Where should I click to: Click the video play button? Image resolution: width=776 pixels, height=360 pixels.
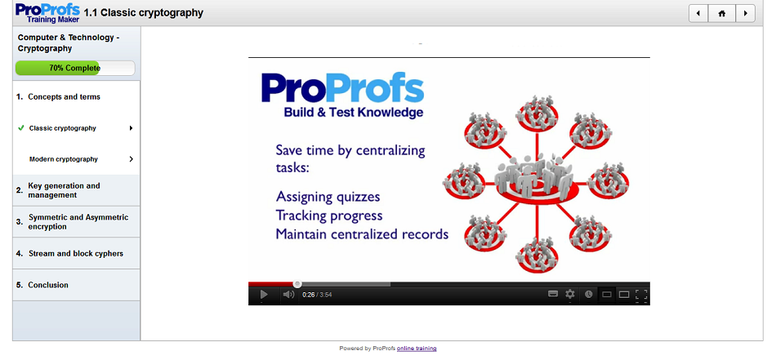click(x=264, y=295)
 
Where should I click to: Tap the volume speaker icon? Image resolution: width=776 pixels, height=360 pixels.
click(x=288, y=295)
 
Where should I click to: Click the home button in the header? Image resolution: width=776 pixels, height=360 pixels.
click(x=721, y=13)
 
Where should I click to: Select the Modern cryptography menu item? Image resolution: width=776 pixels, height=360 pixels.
click(x=64, y=159)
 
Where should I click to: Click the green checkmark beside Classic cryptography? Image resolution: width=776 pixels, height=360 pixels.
click(x=20, y=128)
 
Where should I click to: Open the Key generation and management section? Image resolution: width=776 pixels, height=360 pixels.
click(x=64, y=190)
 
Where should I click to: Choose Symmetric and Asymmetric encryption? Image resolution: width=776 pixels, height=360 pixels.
click(x=78, y=222)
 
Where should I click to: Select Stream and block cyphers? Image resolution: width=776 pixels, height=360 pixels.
click(x=76, y=254)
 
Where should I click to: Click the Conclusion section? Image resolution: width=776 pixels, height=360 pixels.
click(x=48, y=285)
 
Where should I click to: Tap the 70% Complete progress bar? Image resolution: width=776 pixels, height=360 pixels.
click(x=74, y=69)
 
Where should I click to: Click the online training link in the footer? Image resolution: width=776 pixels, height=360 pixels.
click(x=417, y=349)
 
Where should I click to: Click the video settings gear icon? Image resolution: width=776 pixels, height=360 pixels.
click(x=570, y=294)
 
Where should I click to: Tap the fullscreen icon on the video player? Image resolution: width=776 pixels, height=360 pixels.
click(x=641, y=295)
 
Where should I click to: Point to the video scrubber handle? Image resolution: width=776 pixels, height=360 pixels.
click(x=297, y=284)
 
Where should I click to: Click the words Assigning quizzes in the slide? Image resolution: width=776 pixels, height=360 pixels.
click(x=328, y=197)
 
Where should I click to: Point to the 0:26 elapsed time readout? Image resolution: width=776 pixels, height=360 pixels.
click(x=308, y=295)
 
